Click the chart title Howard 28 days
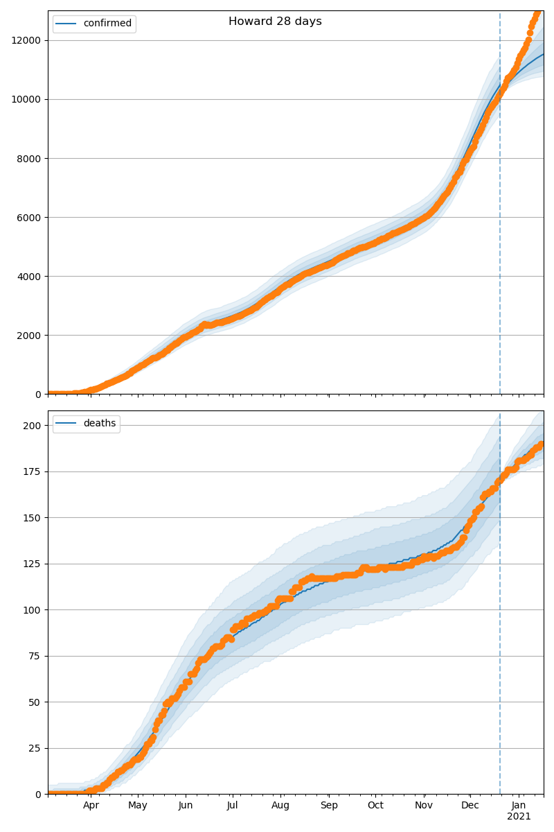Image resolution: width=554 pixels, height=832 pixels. [275, 21]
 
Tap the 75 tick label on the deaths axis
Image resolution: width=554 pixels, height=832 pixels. [35, 656]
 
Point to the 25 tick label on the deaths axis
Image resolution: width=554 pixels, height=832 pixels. [35, 748]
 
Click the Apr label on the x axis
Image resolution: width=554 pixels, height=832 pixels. [91, 806]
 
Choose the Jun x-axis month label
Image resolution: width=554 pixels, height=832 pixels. [185, 806]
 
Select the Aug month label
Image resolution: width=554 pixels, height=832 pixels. [280, 806]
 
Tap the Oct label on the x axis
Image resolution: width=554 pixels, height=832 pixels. [375, 806]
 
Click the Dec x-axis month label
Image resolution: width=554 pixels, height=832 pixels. [470, 806]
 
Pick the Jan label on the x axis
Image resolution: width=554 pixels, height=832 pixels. [519, 806]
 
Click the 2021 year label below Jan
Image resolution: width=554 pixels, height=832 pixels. [519, 817]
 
